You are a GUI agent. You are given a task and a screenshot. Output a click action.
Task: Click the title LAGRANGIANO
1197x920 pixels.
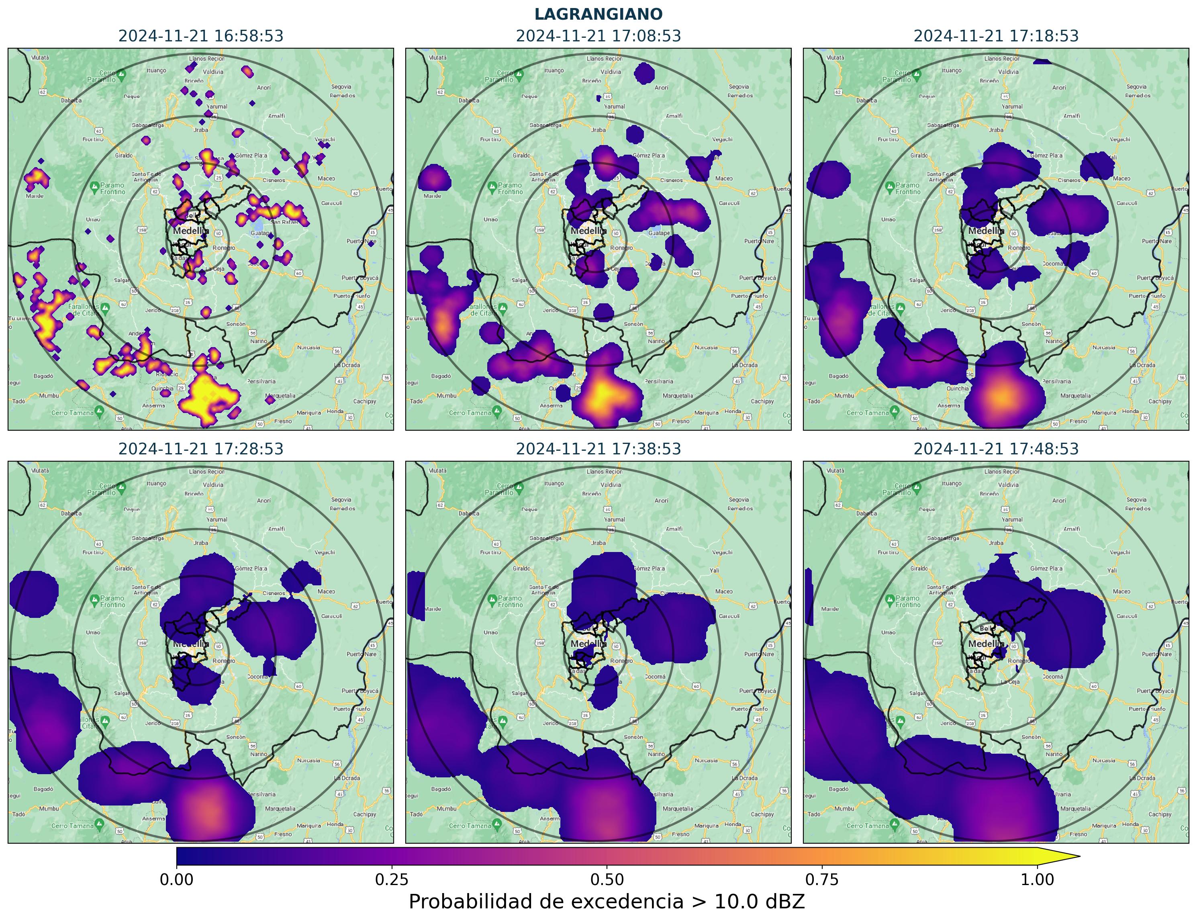(598, 14)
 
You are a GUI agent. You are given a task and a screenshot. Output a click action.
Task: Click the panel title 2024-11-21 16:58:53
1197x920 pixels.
(201, 36)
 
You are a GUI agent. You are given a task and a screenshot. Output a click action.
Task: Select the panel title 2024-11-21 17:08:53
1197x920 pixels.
(598, 36)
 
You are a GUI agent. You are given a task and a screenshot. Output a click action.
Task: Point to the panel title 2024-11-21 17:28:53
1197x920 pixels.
(201, 449)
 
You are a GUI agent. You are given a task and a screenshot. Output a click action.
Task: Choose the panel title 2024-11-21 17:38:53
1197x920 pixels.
(598, 449)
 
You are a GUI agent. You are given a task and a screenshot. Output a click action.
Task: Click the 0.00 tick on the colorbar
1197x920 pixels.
(176, 879)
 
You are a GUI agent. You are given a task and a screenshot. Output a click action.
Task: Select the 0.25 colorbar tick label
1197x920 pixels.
(392, 879)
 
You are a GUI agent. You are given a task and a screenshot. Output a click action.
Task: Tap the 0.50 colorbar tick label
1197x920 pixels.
(607, 879)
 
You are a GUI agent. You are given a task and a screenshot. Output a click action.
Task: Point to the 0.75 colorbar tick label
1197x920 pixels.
(822, 879)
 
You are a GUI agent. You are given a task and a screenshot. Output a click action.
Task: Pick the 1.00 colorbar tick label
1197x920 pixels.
(1037, 879)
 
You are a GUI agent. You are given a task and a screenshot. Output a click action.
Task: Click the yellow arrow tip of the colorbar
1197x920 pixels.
(1073, 857)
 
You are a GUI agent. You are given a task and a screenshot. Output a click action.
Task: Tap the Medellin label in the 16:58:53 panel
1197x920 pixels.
(190, 231)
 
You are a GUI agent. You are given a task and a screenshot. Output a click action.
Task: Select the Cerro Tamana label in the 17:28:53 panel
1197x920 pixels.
(72, 826)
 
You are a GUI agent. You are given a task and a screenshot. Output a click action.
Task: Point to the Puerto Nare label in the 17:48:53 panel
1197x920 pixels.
(1156, 654)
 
